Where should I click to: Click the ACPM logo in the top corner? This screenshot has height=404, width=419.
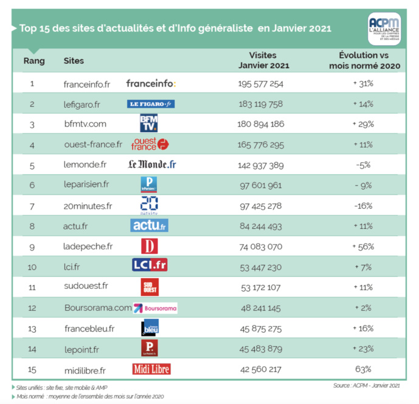tap(384, 27)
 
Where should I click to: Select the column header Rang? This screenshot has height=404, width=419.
tap(33, 61)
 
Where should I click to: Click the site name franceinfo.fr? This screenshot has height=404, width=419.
tap(87, 83)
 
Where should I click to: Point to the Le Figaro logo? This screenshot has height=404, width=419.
tap(151, 104)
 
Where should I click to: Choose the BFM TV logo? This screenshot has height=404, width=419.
tap(148, 124)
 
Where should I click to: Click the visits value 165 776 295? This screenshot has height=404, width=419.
tap(261, 145)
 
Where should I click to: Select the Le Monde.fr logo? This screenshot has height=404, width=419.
tap(152, 165)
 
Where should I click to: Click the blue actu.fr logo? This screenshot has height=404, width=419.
tap(149, 226)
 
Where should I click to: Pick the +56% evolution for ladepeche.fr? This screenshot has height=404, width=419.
tap(363, 246)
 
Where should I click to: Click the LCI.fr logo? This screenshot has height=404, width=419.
tap(150, 266)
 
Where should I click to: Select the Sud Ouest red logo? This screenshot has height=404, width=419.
tap(149, 287)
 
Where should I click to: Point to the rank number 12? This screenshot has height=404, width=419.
tap(32, 307)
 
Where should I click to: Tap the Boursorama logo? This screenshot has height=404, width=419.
tap(156, 308)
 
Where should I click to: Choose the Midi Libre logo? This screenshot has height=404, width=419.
tap(151, 369)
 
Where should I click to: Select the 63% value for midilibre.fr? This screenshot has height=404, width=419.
tap(363, 369)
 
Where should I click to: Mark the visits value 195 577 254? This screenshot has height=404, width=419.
tap(261, 83)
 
